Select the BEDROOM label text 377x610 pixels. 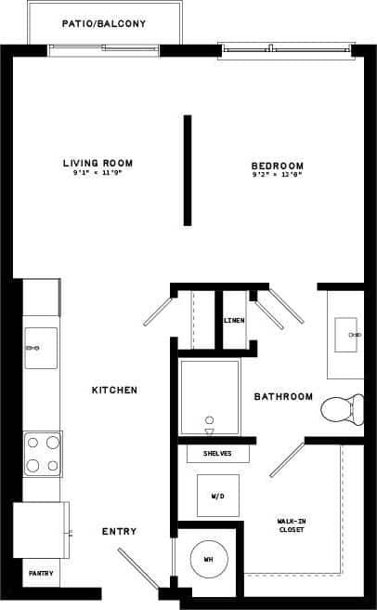[277, 166]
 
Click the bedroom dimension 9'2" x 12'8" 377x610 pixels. [277, 175]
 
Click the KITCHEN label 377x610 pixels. [114, 390]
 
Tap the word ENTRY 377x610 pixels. [119, 532]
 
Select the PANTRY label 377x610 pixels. [39, 574]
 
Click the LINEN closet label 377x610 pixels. [234, 321]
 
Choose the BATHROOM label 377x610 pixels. [283, 396]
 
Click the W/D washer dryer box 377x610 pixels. [216, 495]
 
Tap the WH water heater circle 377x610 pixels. [207, 559]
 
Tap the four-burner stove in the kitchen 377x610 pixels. [42, 454]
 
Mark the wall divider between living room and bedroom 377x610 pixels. [188, 170]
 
